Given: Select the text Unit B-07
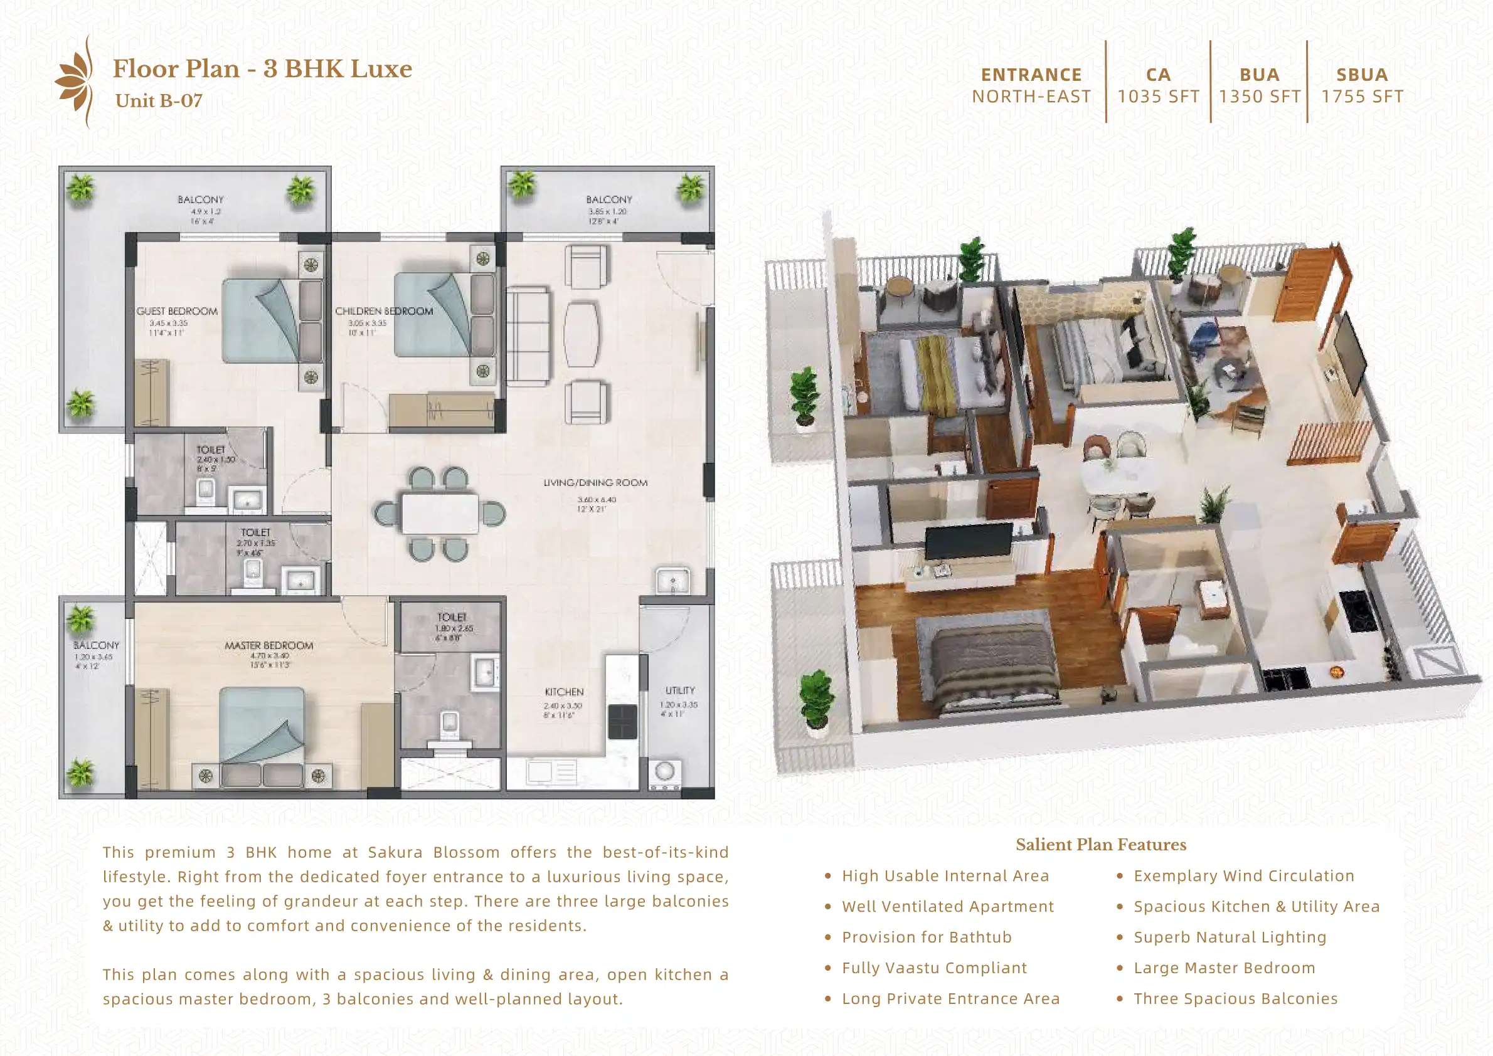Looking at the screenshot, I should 159,101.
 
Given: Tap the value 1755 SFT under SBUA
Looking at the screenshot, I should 1362,97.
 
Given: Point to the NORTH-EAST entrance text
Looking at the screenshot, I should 1031,97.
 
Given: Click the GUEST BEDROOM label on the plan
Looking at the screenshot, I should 177,312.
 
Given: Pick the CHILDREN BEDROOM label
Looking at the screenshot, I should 384,312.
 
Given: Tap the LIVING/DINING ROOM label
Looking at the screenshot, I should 595,483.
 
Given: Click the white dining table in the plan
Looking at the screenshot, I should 440,514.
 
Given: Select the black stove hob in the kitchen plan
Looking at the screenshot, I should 622,722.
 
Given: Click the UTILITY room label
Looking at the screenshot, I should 680,690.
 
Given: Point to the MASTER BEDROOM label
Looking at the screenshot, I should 268,646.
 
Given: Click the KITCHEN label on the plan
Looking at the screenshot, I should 563,692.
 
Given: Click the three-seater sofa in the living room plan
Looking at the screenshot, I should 528,336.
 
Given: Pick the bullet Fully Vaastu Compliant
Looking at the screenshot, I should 933,968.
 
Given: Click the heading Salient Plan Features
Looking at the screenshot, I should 1101,845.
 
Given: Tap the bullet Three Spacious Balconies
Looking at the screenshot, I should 1235,999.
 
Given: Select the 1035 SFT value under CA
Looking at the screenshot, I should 1158,97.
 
